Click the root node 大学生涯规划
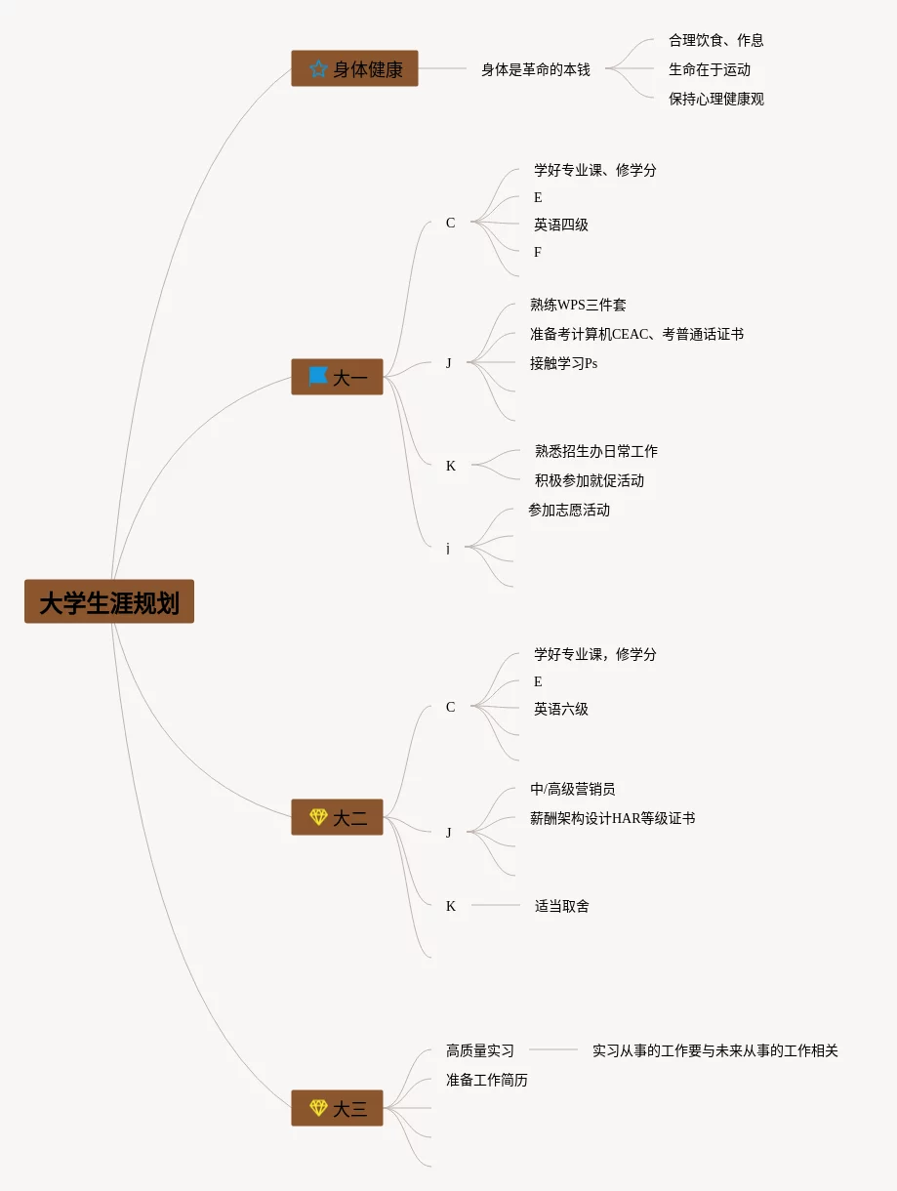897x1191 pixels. [109, 601]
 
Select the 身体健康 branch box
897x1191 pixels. [354, 68]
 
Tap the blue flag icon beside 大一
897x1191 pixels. [318, 376]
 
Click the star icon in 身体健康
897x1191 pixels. [318, 69]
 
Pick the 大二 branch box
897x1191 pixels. [337, 817]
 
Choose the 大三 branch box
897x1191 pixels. [337, 1108]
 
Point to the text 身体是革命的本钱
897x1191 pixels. [536, 69]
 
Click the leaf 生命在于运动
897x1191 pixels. [710, 69]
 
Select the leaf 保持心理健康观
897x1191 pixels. [716, 99]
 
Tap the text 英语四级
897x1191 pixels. [561, 225]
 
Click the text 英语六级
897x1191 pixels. [561, 709]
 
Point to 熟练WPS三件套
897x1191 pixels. [579, 305]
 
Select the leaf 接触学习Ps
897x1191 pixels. [564, 363]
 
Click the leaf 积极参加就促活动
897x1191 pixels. [590, 480]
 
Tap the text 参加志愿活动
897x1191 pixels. [569, 510]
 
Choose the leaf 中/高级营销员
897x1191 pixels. [573, 789]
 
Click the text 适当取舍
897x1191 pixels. [562, 906]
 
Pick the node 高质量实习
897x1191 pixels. [480, 1050]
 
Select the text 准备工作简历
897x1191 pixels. [487, 1080]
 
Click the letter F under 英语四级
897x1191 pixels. [538, 252]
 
